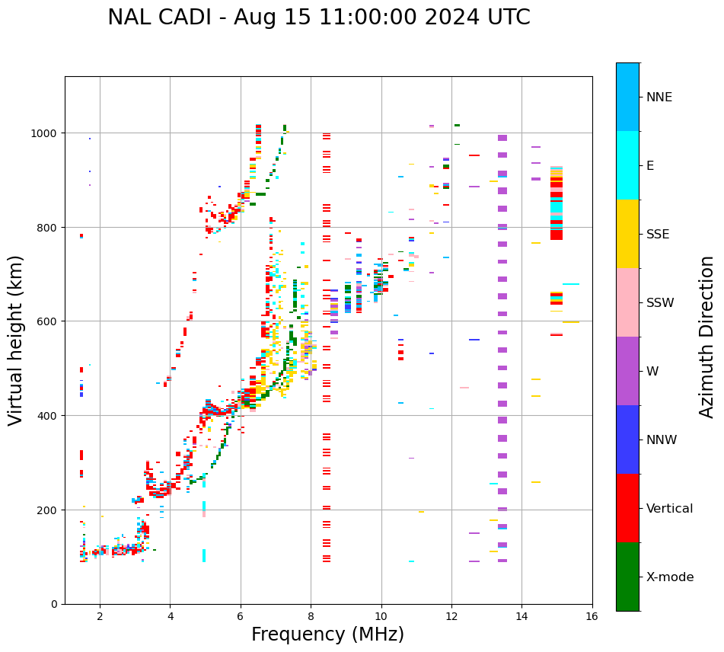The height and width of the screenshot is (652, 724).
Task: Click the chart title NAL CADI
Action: (x=318, y=18)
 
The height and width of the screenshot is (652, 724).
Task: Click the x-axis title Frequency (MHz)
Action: (x=327, y=634)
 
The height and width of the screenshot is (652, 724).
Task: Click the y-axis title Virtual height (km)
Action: (x=16, y=340)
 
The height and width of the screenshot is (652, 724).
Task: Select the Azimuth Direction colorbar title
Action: (x=707, y=337)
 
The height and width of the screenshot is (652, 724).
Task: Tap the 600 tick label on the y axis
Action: (x=48, y=321)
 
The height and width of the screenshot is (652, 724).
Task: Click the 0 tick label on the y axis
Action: (x=54, y=604)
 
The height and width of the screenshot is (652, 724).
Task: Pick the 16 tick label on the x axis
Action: (x=592, y=617)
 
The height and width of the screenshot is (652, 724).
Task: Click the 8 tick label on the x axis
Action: (x=311, y=617)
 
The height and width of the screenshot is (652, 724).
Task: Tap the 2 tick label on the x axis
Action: (x=100, y=617)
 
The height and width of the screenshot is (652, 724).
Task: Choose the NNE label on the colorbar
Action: (x=659, y=97)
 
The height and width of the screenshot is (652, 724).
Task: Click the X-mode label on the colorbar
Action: (x=670, y=577)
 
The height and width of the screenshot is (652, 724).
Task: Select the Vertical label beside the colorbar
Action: (x=670, y=509)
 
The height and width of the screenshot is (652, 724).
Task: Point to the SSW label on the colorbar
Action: (x=660, y=303)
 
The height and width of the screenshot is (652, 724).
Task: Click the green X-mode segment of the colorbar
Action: (x=627, y=577)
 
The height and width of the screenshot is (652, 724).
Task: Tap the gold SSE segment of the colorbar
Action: (x=627, y=234)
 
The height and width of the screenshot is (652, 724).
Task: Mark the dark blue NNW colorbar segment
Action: (x=627, y=439)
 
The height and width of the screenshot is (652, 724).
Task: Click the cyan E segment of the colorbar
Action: (x=627, y=165)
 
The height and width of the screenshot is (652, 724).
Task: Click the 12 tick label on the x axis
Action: (x=451, y=617)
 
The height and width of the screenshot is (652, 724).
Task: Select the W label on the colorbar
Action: (x=652, y=372)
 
